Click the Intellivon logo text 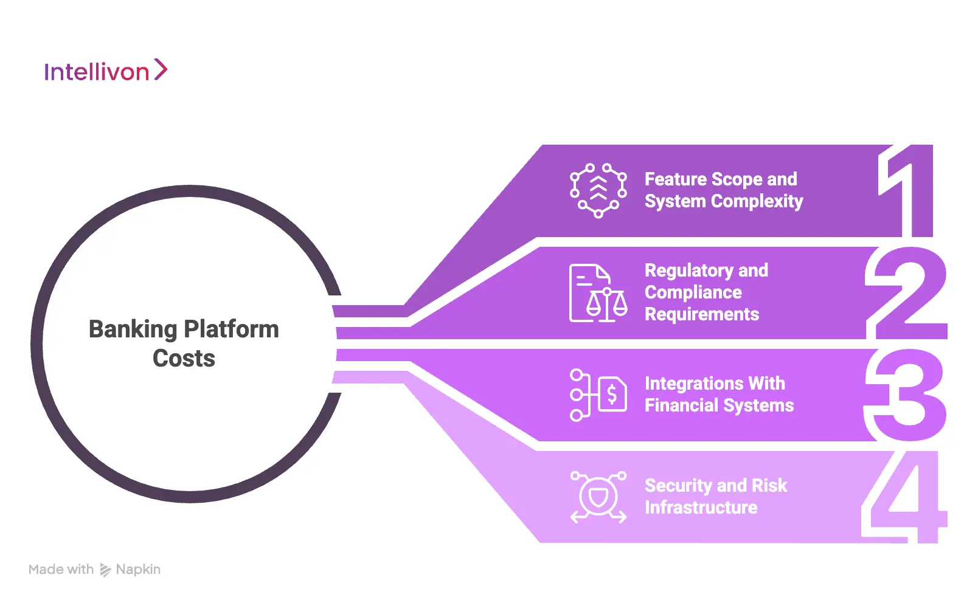tap(96, 72)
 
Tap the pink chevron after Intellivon tap(161, 69)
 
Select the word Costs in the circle tap(184, 359)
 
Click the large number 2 tap(906, 293)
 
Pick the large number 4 tap(905, 497)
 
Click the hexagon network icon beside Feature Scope tap(598, 190)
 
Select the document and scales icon tap(598, 293)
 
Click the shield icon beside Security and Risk tap(598, 497)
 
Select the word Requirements tap(701, 314)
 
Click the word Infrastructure tap(701, 508)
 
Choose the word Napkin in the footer tap(138, 570)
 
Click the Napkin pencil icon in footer tap(105, 570)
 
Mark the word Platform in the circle tap(231, 329)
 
